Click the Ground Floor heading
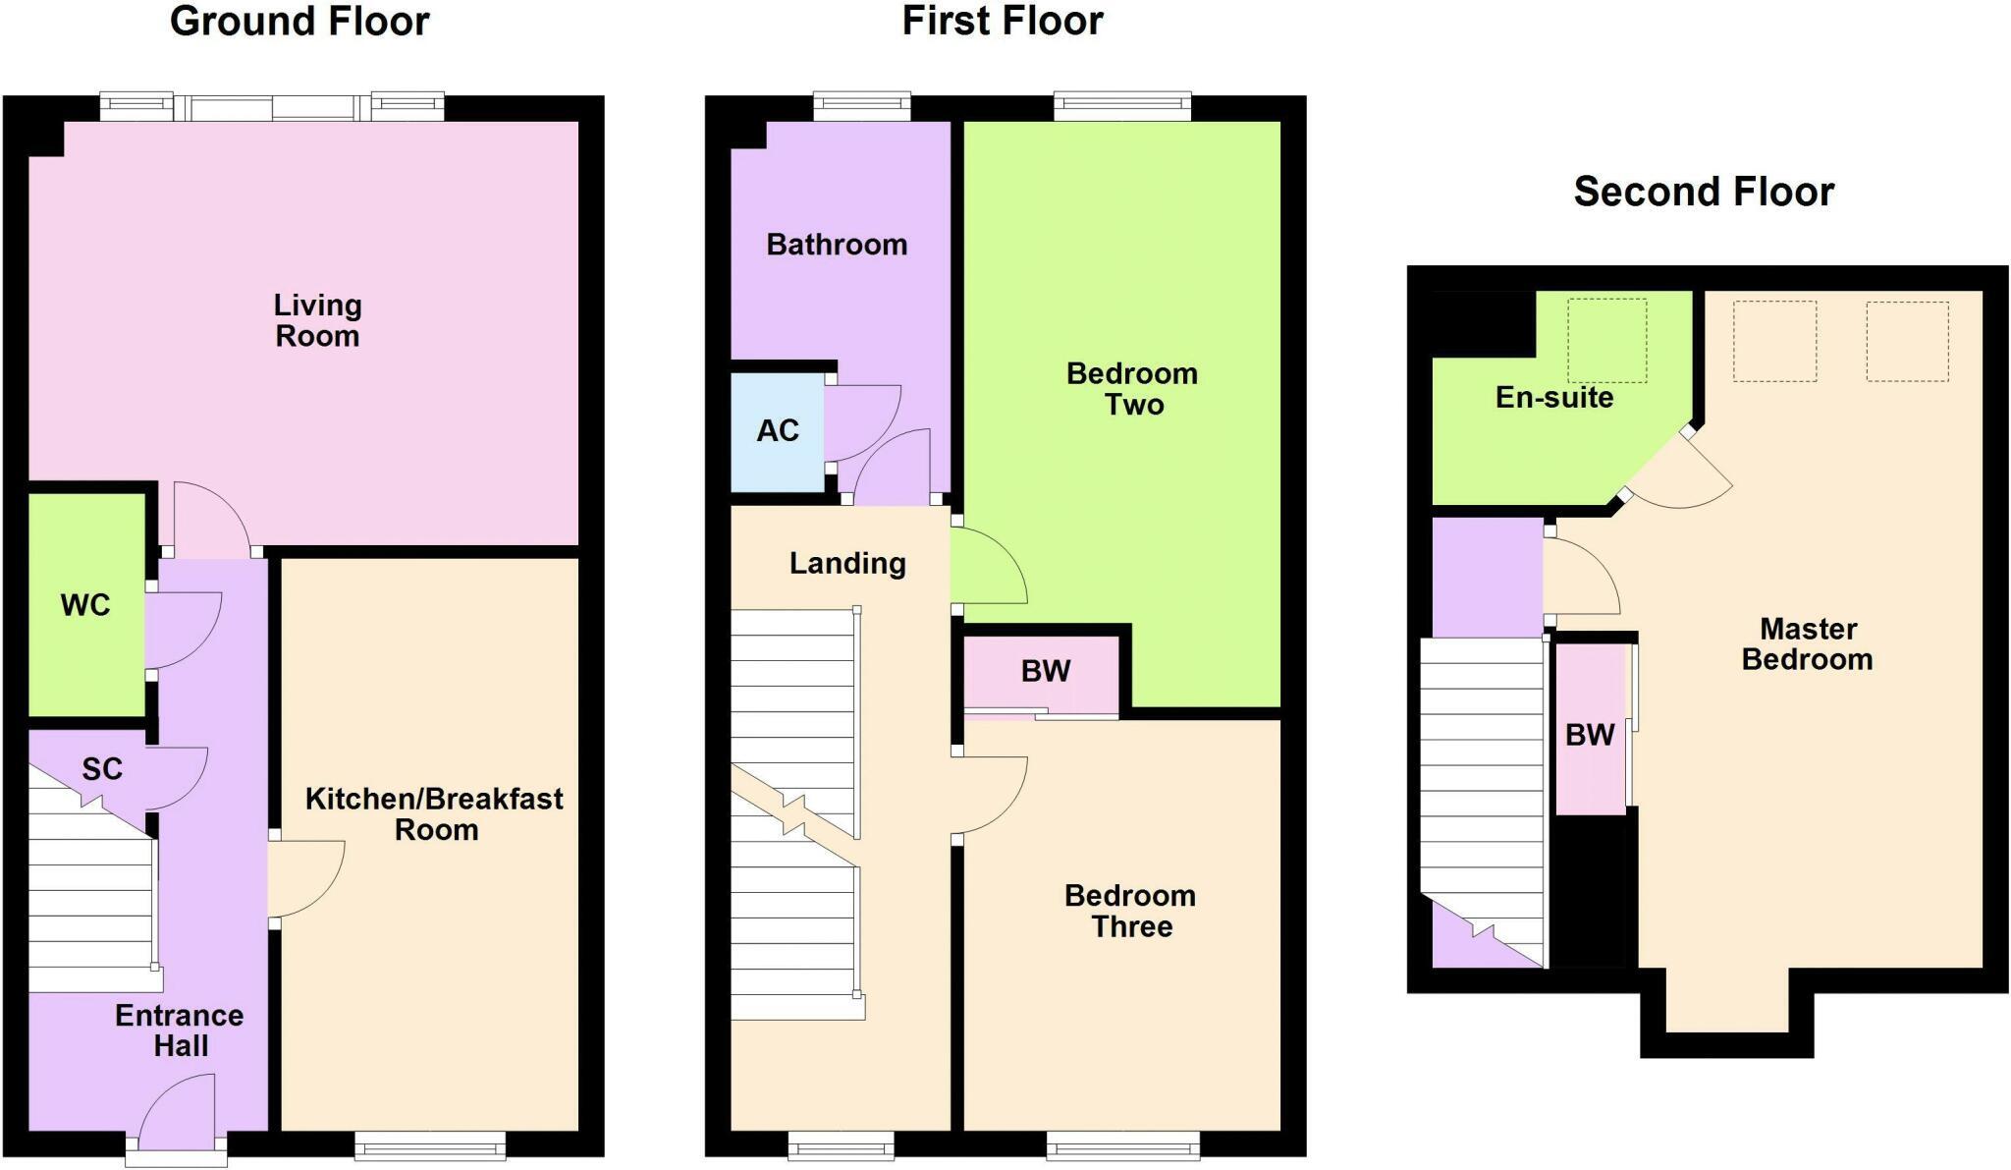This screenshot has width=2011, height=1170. [299, 22]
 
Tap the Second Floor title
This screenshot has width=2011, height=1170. [1704, 192]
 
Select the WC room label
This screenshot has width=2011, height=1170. [85, 605]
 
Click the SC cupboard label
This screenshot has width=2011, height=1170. [102, 769]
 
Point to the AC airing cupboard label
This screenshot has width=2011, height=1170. [778, 430]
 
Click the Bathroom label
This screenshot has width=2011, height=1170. [837, 245]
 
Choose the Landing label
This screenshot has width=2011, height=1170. [847, 563]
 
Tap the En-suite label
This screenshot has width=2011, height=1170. [1554, 397]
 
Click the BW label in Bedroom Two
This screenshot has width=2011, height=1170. [1045, 671]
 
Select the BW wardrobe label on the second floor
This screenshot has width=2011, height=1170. [1590, 735]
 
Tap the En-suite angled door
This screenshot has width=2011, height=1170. [1674, 472]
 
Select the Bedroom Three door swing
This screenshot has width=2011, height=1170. [990, 794]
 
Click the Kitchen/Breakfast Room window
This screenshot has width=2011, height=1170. [430, 1145]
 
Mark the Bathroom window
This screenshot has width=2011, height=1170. [862, 106]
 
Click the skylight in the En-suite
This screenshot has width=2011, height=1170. [1606, 340]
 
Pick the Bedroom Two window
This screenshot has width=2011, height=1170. [1122, 106]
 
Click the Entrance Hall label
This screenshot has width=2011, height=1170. [180, 1031]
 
